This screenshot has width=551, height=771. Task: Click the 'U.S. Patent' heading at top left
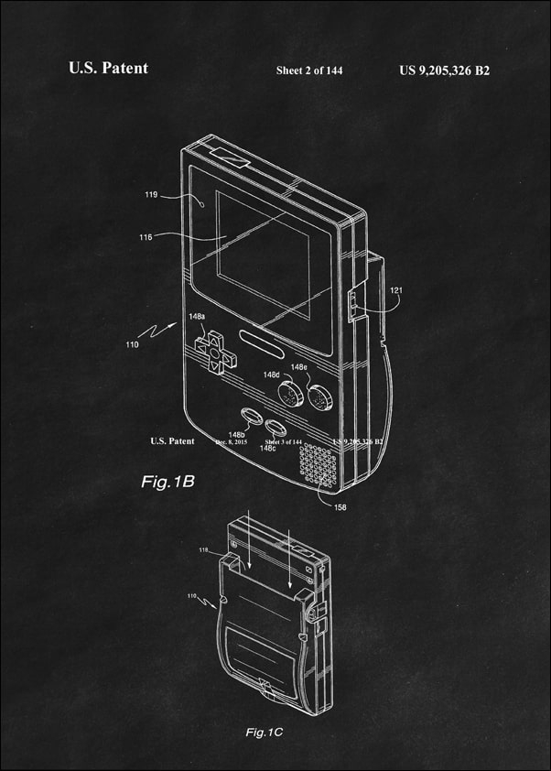[108, 69]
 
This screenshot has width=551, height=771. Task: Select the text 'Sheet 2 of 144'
[310, 71]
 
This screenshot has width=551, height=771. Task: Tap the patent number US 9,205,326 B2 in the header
[445, 70]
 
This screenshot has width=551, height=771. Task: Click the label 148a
[197, 317]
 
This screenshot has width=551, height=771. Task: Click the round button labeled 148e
[319, 397]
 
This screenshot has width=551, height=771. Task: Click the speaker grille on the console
[318, 464]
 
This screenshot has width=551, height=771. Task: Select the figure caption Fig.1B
[167, 481]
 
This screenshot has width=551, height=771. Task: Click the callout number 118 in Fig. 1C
[203, 550]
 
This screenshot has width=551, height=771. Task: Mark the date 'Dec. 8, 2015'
[232, 441]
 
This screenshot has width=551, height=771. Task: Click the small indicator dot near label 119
[201, 205]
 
